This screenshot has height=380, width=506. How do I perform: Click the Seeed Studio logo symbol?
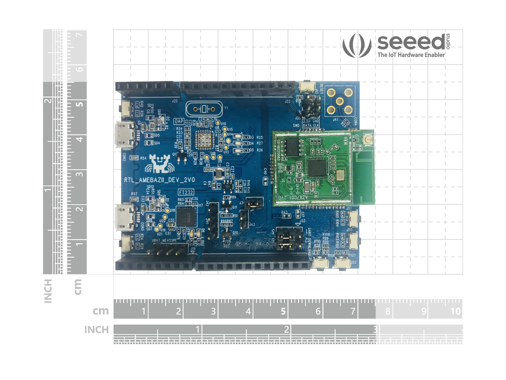point(357,45)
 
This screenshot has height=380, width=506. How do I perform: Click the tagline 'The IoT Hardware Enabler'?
point(411,55)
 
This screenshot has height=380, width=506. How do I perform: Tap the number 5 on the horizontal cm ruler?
point(283,311)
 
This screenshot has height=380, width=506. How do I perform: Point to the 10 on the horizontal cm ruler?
point(455,311)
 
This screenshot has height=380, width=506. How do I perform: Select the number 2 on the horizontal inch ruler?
point(286,329)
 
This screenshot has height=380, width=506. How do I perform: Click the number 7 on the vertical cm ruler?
point(80,35)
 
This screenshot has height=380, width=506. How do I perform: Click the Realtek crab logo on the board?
point(158,164)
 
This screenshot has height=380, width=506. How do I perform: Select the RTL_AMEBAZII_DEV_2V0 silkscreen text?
point(159,180)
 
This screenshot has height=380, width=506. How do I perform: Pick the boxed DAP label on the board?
point(179,121)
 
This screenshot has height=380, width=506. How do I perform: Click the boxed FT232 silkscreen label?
point(186,192)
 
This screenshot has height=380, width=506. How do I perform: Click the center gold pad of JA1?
point(339,101)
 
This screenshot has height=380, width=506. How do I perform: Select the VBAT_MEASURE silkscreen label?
point(164,240)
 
